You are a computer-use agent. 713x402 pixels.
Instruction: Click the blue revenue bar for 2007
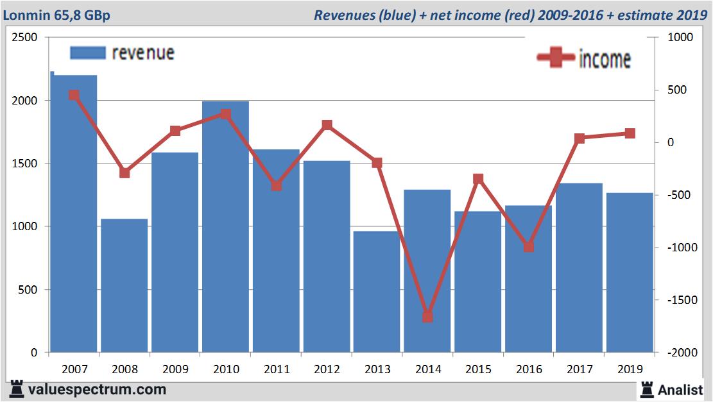pos(74,218)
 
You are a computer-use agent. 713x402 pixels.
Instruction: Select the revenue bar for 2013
pos(377,292)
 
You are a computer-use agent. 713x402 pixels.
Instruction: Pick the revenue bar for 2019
pos(630,272)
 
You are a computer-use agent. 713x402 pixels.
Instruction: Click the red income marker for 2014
pos(427,317)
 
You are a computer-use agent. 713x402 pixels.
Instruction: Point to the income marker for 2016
pos(529,247)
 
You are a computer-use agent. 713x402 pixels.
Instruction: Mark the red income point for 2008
pos(125,173)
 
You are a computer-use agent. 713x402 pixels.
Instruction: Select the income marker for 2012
pos(327,125)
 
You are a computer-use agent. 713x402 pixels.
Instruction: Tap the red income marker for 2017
pos(580,138)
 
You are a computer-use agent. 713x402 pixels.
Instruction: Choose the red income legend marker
pos(555,58)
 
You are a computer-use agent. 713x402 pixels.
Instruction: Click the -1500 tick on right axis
pos(680,300)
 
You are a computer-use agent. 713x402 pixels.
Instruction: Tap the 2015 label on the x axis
pos(478,369)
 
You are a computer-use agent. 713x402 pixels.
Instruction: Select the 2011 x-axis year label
pos(276,369)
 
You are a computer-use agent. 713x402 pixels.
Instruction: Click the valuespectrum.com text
pos(97,389)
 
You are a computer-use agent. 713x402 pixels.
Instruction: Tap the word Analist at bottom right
pos(682,389)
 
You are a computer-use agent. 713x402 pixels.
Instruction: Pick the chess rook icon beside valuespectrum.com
pos(17,389)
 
